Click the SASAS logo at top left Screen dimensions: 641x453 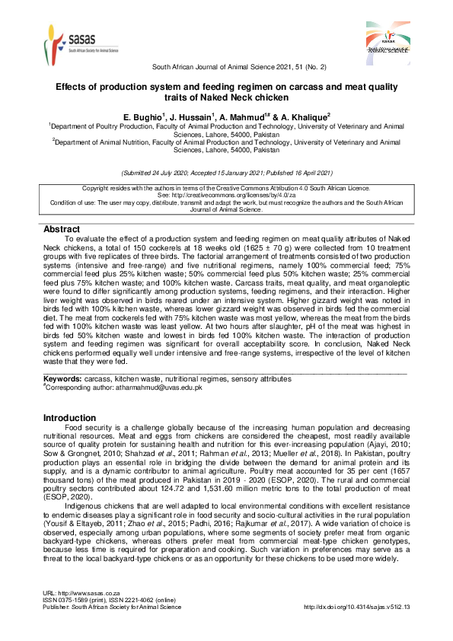click(72, 41)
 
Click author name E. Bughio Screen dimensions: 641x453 click(142, 116)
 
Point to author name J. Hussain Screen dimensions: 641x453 click(192, 116)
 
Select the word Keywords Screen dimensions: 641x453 click(62, 378)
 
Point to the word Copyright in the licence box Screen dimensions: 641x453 click(97, 187)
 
